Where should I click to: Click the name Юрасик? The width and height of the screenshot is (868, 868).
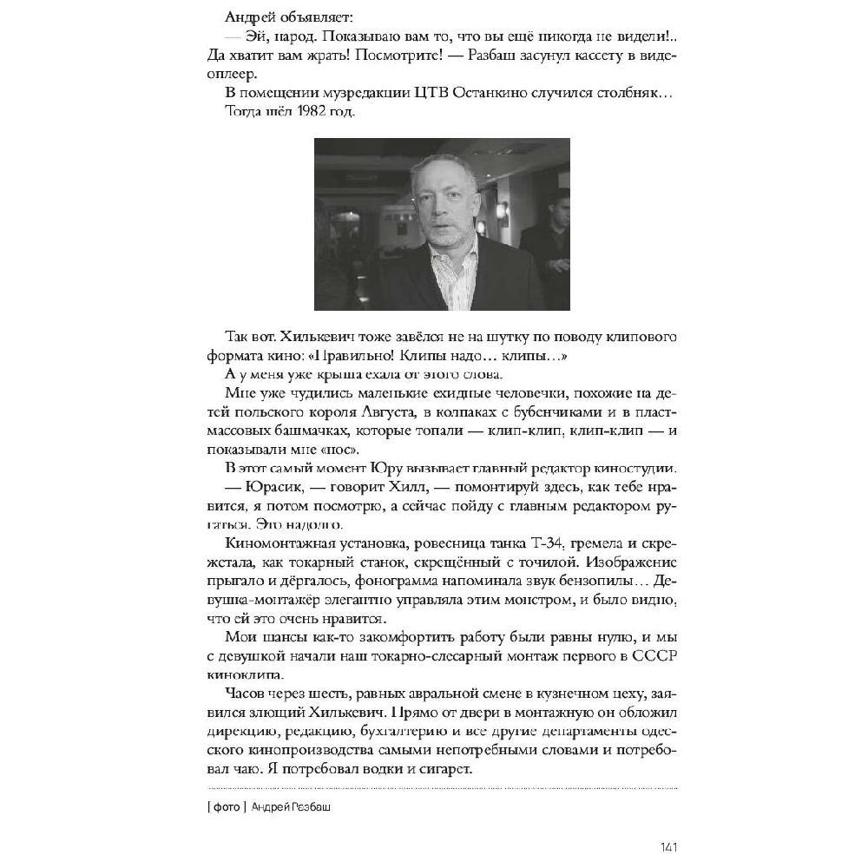pyautogui.click(x=258, y=487)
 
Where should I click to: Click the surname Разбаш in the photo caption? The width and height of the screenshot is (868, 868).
pyautogui.click(x=313, y=807)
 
